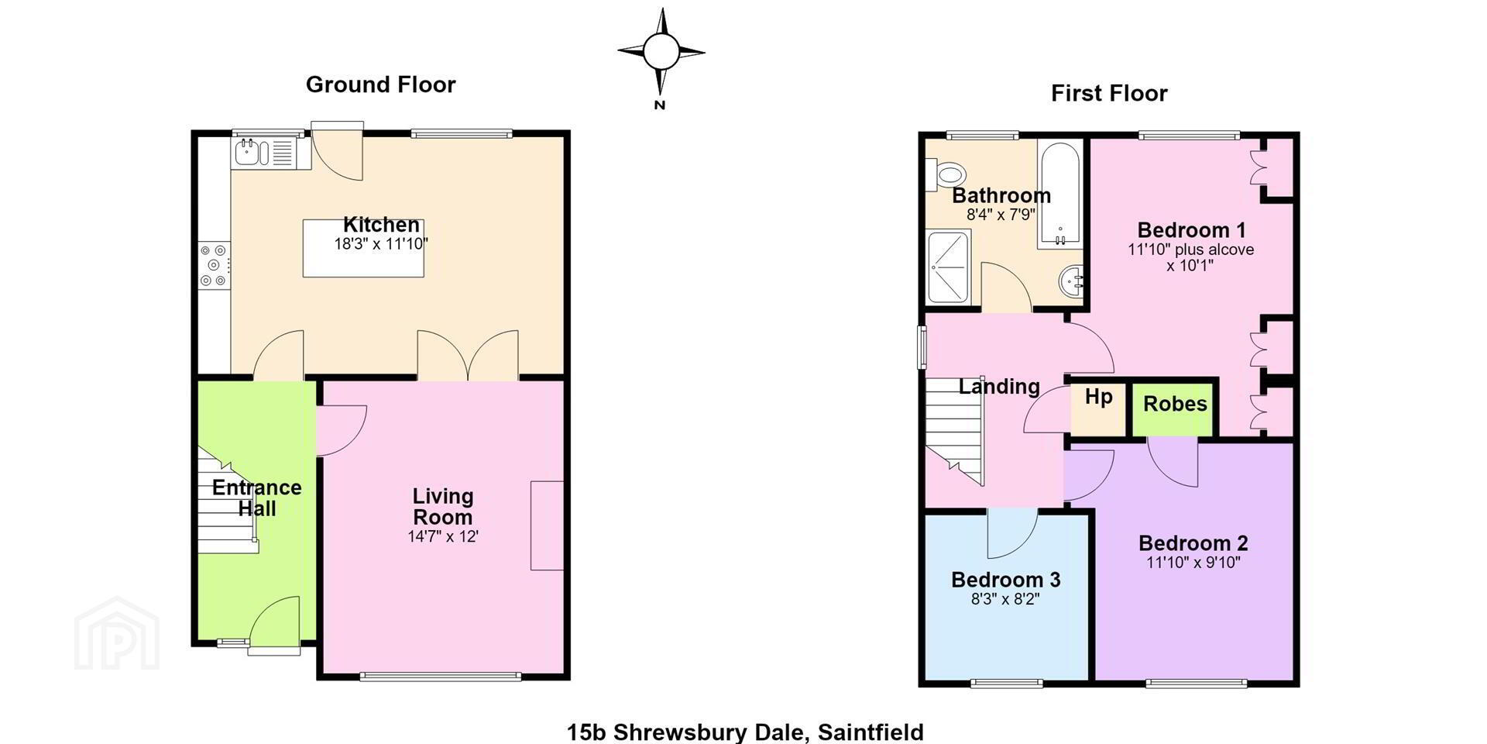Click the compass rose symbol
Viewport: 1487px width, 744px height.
[661, 53]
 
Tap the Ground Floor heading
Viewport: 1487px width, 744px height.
[380, 84]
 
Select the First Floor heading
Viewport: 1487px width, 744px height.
[1109, 93]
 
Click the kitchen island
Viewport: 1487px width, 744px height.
[363, 248]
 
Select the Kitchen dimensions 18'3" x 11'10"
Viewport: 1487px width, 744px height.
[381, 243]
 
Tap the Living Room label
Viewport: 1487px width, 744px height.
[442, 506]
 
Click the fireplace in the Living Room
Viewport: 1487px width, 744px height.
[547, 525]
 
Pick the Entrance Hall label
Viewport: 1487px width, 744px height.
[256, 498]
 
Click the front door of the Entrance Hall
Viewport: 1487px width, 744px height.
[274, 620]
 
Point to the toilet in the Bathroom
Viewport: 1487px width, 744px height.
[948, 174]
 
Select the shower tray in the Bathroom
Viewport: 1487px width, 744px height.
[949, 267]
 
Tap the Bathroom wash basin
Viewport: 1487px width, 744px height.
[1072, 281]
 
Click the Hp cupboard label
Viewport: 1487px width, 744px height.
[1098, 397]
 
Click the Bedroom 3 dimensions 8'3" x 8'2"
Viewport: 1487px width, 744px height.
[1005, 599]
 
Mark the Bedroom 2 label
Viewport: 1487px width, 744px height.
[1193, 543]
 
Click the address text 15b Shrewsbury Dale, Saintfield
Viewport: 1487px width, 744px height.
[745, 732]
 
